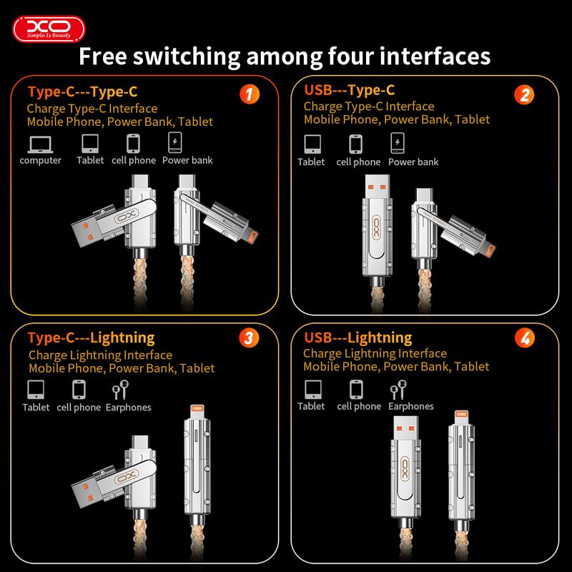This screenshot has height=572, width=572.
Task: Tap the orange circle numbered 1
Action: [247, 94]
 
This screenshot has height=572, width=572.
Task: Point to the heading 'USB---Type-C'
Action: [350, 90]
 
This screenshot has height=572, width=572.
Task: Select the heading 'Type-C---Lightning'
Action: [91, 337]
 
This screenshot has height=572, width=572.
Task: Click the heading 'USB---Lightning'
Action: [358, 337]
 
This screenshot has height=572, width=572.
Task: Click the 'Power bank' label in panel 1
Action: [187, 160]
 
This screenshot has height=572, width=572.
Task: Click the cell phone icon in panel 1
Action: [133, 144]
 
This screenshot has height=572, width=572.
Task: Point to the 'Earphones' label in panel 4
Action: [411, 406]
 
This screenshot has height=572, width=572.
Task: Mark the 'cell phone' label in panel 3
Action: [79, 408]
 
